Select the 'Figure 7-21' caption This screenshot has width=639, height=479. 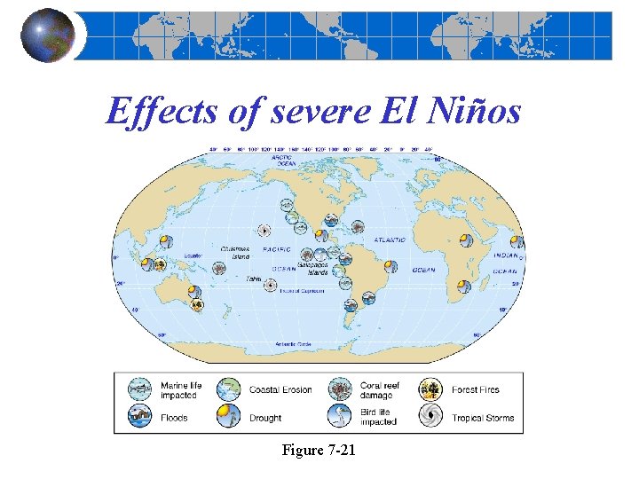(319, 450)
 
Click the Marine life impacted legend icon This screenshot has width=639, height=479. (140, 389)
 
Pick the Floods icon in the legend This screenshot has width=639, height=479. (140, 415)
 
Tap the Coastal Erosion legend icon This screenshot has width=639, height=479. (230, 389)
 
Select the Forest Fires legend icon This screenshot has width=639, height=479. (431, 389)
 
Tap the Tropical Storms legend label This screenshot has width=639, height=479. (482, 418)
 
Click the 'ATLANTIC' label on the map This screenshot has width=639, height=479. (388, 239)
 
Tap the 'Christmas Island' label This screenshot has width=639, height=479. (236, 253)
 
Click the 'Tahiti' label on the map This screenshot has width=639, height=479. (254, 279)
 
